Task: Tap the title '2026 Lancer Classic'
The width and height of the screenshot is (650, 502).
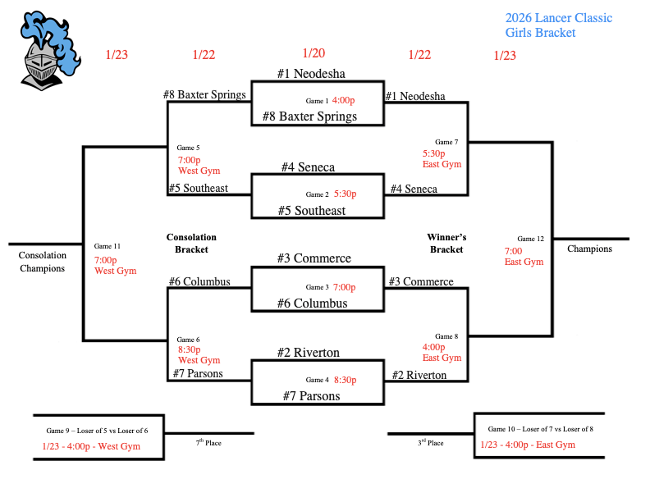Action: tap(558, 18)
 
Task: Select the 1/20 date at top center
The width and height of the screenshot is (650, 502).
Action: tap(314, 53)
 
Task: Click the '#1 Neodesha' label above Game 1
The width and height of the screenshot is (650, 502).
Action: tap(310, 73)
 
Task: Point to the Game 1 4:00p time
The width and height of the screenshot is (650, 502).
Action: tap(343, 100)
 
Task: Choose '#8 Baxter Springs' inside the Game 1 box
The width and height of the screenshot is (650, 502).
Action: tap(309, 116)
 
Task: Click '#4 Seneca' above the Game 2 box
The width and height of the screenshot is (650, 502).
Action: tap(308, 167)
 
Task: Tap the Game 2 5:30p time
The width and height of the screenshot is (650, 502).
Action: tap(346, 194)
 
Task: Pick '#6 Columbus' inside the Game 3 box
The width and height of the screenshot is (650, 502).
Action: tap(311, 303)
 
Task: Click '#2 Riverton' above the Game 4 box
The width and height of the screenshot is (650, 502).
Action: tap(308, 353)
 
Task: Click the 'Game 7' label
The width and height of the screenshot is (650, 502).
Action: tap(446, 142)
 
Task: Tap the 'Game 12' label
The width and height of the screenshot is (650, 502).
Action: tap(530, 239)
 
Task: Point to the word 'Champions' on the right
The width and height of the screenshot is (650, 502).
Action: tap(589, 249)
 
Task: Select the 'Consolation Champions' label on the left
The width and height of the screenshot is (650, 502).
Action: tap(42, 262)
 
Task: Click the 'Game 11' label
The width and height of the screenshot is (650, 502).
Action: tap(108, 246)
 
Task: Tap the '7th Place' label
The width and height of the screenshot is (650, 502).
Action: tap(208, 443)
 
